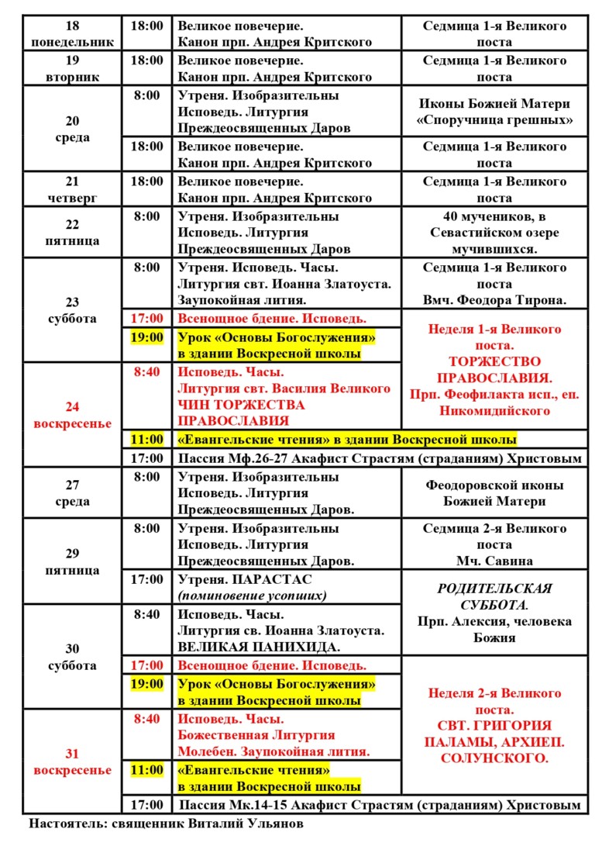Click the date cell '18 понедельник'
tap(72, 34)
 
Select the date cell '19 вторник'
tap(72, 69)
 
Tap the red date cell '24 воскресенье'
tap(72, 415)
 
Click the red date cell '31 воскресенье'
tap(72, 761)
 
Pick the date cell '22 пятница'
tap(72, 233)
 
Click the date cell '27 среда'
tap(72, 493)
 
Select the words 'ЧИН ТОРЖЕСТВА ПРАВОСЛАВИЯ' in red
tap(241, 413)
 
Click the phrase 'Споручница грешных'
tap(494, 120)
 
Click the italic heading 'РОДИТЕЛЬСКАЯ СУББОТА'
tap(494, 596)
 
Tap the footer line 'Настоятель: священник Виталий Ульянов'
tap(167, 824)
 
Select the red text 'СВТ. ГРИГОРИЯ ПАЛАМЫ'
tap(494, 734)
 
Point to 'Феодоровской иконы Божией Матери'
tap(494, 493)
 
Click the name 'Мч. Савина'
tap(494, 561)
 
